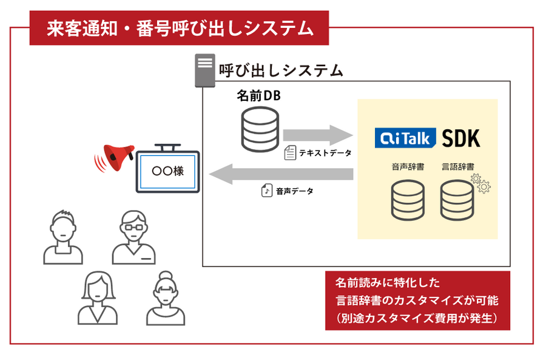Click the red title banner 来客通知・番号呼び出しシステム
179,28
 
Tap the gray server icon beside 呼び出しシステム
205,70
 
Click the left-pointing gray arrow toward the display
281,174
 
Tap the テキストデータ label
325,153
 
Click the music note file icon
266,191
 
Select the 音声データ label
295,191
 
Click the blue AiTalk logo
405,138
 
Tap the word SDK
461,138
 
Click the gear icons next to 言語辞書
480,183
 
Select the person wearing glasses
132,237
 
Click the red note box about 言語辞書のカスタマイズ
417,301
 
